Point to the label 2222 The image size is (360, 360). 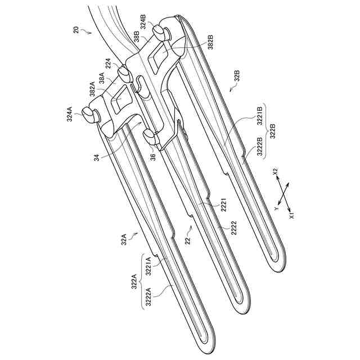[x=226, y=228]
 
